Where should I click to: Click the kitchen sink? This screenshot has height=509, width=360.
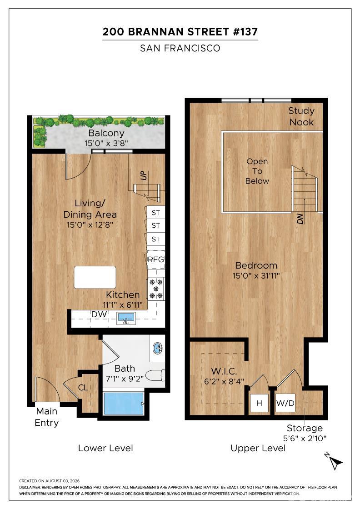126,318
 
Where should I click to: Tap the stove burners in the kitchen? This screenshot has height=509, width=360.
156,289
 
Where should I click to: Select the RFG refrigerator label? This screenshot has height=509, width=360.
156,259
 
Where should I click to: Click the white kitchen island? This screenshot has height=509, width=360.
95,277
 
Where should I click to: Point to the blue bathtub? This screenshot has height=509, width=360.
123,404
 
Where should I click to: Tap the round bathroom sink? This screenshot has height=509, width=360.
158,349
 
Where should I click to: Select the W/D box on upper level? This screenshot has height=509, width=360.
285,403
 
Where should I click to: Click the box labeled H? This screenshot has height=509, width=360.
259,403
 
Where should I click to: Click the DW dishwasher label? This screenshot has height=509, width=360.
99,314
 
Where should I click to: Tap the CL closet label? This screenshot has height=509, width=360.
83,387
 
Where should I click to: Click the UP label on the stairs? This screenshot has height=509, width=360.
144,175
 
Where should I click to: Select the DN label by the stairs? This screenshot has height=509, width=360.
300,219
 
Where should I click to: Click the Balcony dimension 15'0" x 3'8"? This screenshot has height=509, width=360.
106,143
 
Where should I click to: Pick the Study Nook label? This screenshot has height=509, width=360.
301,116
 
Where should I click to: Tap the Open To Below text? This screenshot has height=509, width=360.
257,171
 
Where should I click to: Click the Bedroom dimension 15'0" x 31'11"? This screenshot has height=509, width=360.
256,276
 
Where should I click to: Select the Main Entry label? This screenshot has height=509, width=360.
47,417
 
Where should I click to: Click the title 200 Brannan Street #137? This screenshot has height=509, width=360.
180,32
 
